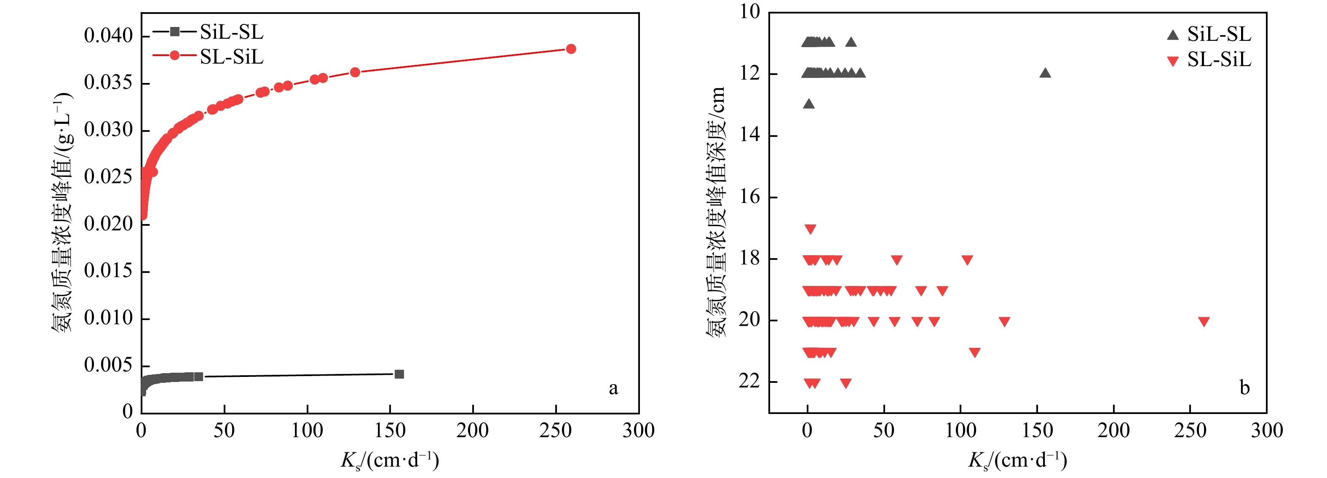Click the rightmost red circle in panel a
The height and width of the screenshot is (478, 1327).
click(x=571, y=49)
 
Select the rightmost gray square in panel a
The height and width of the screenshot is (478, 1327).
click(x=399, y=374)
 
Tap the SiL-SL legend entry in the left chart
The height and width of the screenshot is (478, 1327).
click(x=231, y=32)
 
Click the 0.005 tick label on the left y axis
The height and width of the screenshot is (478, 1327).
click(x=108, y=365)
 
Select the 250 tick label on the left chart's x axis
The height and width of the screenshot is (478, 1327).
click(x=555, y=430)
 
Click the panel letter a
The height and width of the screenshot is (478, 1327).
click(x=613, y=388)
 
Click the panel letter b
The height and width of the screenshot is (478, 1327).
click(x=1244, y=388)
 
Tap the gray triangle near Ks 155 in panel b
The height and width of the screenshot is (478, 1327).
click(x=1045, y=72)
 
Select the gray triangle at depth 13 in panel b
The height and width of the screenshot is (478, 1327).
click(x=809, y=104)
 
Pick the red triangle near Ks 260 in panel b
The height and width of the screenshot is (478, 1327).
click(x=1204, y=322)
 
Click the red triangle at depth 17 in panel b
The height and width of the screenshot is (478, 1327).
click(x=811, y=229)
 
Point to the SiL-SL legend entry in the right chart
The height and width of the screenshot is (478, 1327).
click(x=1219, y=35)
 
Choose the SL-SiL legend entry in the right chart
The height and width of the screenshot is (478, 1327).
click(x=1219, y=60)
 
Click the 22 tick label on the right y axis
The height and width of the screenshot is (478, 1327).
click(x=749, y=381)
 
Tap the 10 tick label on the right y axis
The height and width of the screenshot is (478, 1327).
click(x=749, y=12)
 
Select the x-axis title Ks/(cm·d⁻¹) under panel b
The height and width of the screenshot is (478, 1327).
click(x=1017, y=460)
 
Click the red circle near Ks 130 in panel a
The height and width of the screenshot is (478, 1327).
click(x=355, y=72)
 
